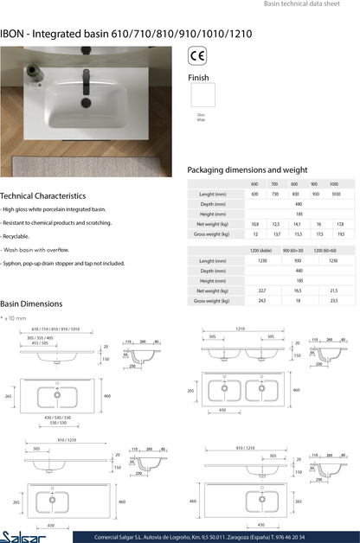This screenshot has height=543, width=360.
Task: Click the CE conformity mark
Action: tap(197, 58)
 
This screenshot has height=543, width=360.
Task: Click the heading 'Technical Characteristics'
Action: tap(42, 196)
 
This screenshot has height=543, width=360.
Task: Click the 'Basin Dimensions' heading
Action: tap(31, 304)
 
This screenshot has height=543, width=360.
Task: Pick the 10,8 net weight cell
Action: tap(254, 224)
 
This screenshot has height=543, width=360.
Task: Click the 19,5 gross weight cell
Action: tap(340, 234)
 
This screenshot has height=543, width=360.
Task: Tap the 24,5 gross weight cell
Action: tap(261, 301)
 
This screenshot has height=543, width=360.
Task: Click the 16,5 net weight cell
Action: tap(298, 291)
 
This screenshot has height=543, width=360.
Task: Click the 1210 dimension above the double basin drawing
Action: tap(240, 329)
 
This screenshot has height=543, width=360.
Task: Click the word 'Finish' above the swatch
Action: tap(198, 77)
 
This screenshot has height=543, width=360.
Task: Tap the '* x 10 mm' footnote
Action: tap(15, 318)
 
